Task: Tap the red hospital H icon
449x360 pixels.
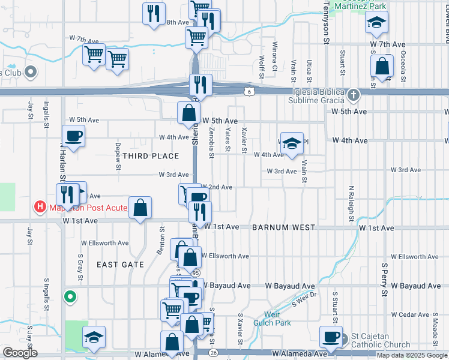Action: click(40, 208)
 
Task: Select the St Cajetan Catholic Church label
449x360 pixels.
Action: click(381, 340)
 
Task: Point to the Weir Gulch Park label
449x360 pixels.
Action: click(277, 318)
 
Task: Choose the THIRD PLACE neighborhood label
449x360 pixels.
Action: click(151, 156)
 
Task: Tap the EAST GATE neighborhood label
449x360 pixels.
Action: click(120, 265)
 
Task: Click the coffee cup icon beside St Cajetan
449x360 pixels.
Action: click(331, 337)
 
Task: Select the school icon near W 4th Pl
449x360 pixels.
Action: click(292, 144)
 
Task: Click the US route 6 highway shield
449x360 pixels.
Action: click(249, 91)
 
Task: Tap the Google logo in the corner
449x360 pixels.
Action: click(20, 353)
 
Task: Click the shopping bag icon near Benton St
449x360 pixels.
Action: click(140, 208)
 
